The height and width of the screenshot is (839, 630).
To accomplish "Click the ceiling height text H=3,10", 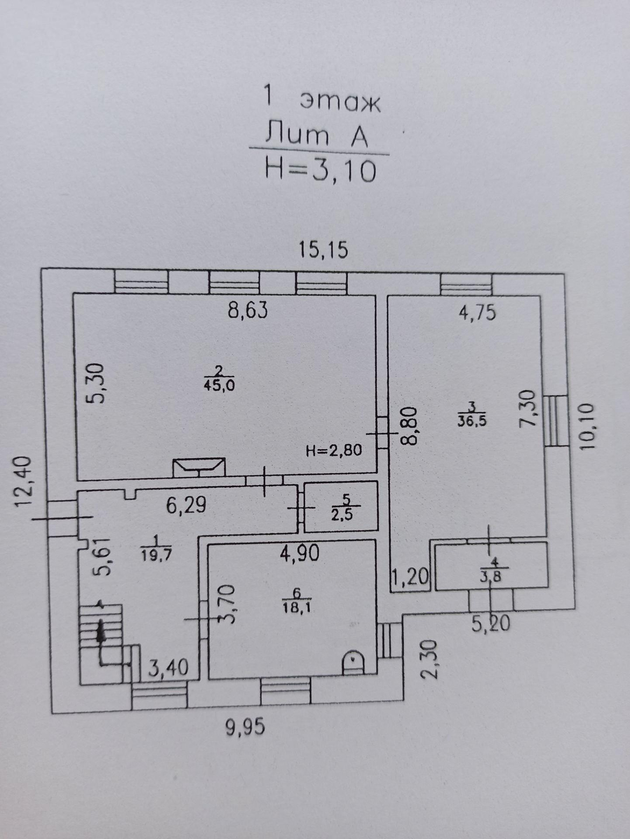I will [320, 171].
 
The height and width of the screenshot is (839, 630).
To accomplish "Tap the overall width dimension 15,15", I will [323, 250].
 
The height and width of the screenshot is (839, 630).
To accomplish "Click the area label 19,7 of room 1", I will [156, 555].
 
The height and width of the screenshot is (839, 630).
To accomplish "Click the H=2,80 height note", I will [334, 450].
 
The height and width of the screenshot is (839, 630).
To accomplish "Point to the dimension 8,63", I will [248, 310].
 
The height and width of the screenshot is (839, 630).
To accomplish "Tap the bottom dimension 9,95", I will [246, 728].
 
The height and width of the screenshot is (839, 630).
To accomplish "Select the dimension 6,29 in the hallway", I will [186, 505].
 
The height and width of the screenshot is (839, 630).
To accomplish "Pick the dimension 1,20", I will [409, 578].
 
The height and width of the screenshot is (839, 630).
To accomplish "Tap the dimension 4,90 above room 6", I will [300, 552].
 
